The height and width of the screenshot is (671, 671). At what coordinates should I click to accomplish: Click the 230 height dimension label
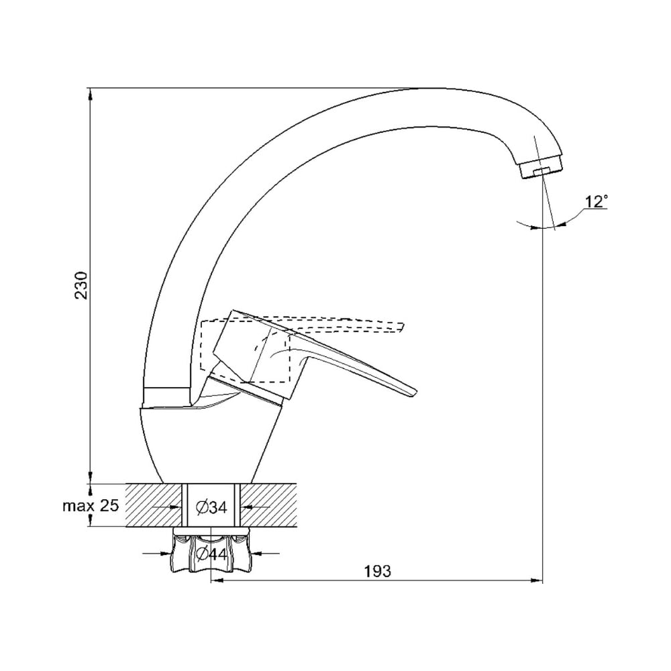tap(81, 285)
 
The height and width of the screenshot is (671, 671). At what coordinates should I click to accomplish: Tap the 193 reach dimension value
tap(377, 570)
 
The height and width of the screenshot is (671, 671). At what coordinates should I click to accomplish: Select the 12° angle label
tap(597, 201)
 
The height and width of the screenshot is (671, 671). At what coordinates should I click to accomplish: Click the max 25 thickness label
tap(91, 506)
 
